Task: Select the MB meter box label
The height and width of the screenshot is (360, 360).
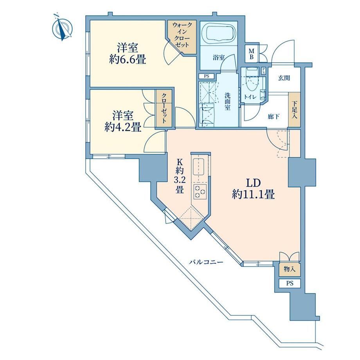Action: [x=251, y=54]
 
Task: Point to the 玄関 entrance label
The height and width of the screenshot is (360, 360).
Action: [x=284, y=78]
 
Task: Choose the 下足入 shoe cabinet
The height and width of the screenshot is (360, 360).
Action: [x=294, y=110]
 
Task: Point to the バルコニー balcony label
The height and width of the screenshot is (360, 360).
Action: [x=206, y=262]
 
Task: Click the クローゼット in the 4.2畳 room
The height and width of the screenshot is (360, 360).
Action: [x=164, y=108]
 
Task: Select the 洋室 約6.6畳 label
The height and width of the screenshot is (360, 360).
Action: [x=128, y=54]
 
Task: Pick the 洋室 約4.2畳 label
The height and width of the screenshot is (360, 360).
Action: [x=123, y=121]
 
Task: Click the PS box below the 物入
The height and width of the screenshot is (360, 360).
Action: [x=290, y=283]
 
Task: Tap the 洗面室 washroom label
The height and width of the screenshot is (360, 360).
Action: [x=227, y=101]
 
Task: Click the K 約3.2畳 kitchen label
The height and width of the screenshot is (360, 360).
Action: [x=180, y=176]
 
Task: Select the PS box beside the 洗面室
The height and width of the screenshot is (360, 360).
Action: [x=207, y=76]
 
